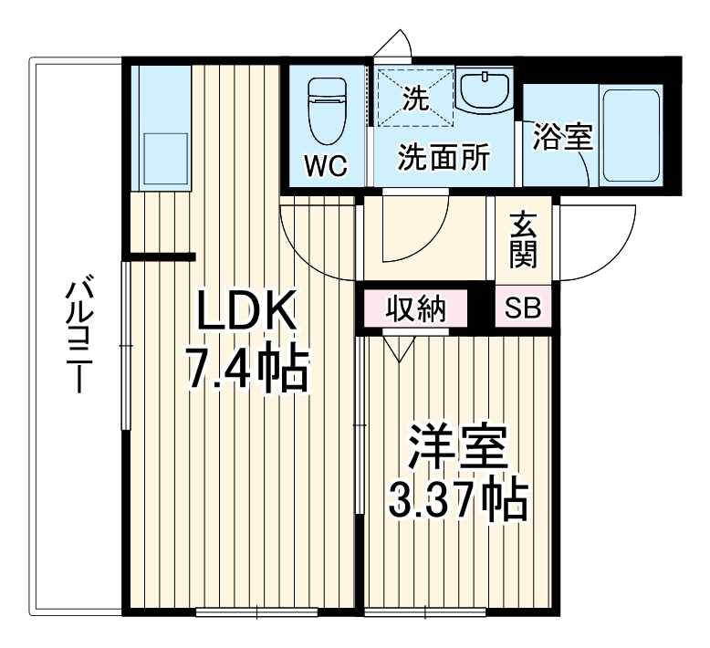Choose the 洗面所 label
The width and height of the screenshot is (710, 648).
[444, 158]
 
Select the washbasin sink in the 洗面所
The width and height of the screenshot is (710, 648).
[486, 91]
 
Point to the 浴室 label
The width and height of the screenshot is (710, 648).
[563, 138]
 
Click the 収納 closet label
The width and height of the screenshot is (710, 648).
[414, 309]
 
